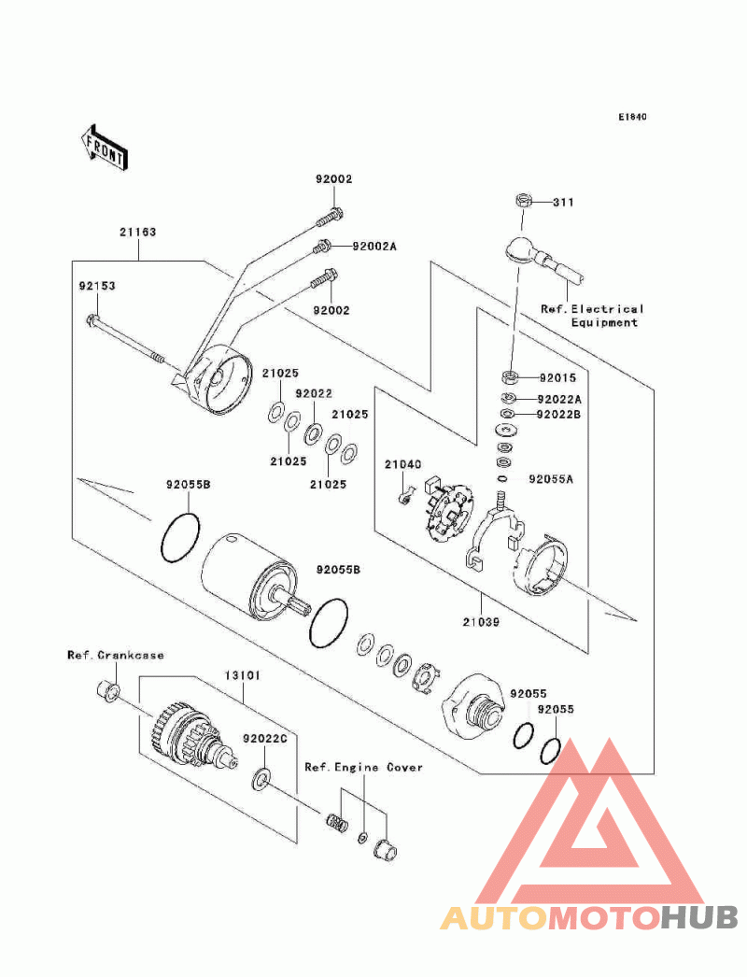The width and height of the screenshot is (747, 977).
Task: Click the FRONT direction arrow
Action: tap(104, 147)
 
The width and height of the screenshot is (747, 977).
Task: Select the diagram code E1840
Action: tap(631, 118)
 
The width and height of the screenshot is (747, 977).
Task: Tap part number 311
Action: tap(563, 202)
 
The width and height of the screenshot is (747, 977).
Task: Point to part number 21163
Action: tap(136, 233)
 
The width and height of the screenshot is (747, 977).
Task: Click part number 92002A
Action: tap(374, 247)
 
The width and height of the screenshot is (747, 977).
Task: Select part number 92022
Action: tap(314, 394)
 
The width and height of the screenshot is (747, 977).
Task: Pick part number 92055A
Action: tap(551, 479)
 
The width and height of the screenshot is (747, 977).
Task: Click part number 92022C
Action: tap(262, 738)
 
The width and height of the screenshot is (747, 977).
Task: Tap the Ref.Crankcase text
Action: tap(115, 655)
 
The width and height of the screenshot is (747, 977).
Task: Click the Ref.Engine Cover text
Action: tap(363, 767)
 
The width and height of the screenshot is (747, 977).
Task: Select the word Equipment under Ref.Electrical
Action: tap(604, 322)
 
